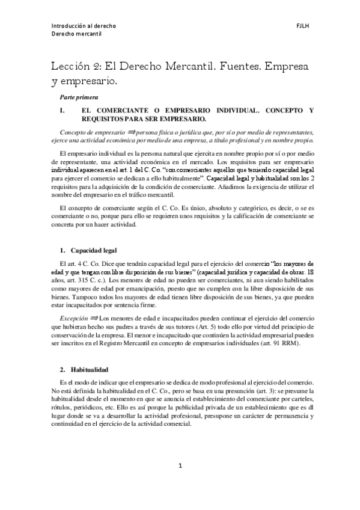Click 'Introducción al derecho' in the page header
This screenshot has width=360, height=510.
[83, 26]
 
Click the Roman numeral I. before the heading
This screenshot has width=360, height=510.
[61, 111]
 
